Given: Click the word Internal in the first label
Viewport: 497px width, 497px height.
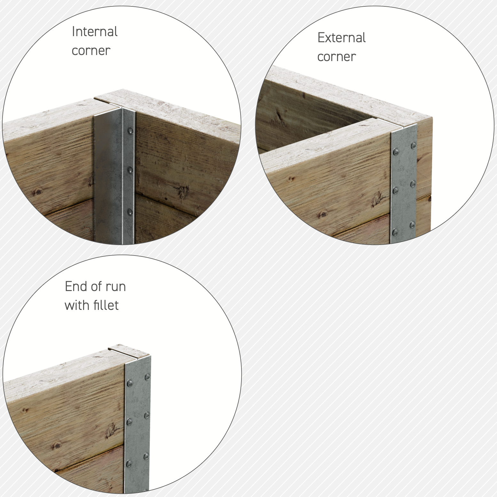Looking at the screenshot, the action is click(95, 32).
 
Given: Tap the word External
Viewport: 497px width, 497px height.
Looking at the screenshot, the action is click(342, 38).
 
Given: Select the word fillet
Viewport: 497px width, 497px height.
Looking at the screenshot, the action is click(105, 305).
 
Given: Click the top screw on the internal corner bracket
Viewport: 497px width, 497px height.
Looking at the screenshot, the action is click(130, 130).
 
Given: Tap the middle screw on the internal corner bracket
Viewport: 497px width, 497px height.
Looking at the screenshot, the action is click(130, 170).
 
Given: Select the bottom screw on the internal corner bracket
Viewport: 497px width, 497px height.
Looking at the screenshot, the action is click(130, 211).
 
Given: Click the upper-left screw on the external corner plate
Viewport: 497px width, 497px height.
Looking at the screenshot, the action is click(396, 151).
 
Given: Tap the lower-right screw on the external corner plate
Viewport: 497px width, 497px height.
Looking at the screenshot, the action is click(413, 225).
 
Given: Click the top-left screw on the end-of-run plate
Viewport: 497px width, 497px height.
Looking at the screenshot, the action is click(130, 383).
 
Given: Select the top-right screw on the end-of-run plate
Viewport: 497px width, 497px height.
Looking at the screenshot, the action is click(147, 377).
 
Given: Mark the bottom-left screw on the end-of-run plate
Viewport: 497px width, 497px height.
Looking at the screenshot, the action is click(129, 463).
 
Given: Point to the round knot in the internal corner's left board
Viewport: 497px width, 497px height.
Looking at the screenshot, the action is click(38, 192).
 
